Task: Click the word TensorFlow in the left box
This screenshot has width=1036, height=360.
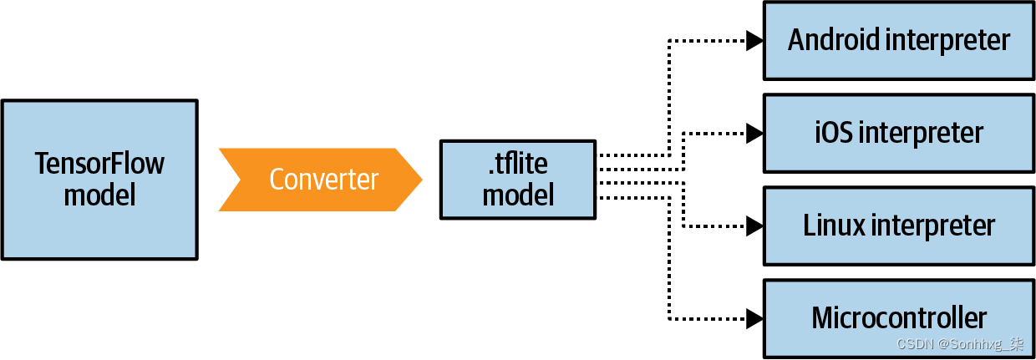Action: coord(99,163)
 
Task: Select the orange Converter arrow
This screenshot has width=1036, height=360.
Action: coord(322,180)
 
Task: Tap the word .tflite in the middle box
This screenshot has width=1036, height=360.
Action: coord(518,165)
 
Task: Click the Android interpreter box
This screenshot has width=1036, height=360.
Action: coord(899,40)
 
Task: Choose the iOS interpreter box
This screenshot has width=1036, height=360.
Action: coord(899,133)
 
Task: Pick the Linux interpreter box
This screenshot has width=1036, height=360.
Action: coord(899,225)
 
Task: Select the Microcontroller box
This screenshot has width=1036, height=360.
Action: coord(899,317)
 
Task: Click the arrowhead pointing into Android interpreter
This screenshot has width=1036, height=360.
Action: coord(754,40)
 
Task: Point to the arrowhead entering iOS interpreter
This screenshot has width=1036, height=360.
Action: coord(754,133)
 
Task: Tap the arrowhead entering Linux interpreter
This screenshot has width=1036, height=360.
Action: coord(754,225)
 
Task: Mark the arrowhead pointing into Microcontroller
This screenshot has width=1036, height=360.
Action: coord(754,317)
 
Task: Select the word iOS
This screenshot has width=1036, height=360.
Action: coord(832,133)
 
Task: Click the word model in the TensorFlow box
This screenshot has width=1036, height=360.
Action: coord(99,195)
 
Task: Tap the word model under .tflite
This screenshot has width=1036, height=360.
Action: coord(518,195)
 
